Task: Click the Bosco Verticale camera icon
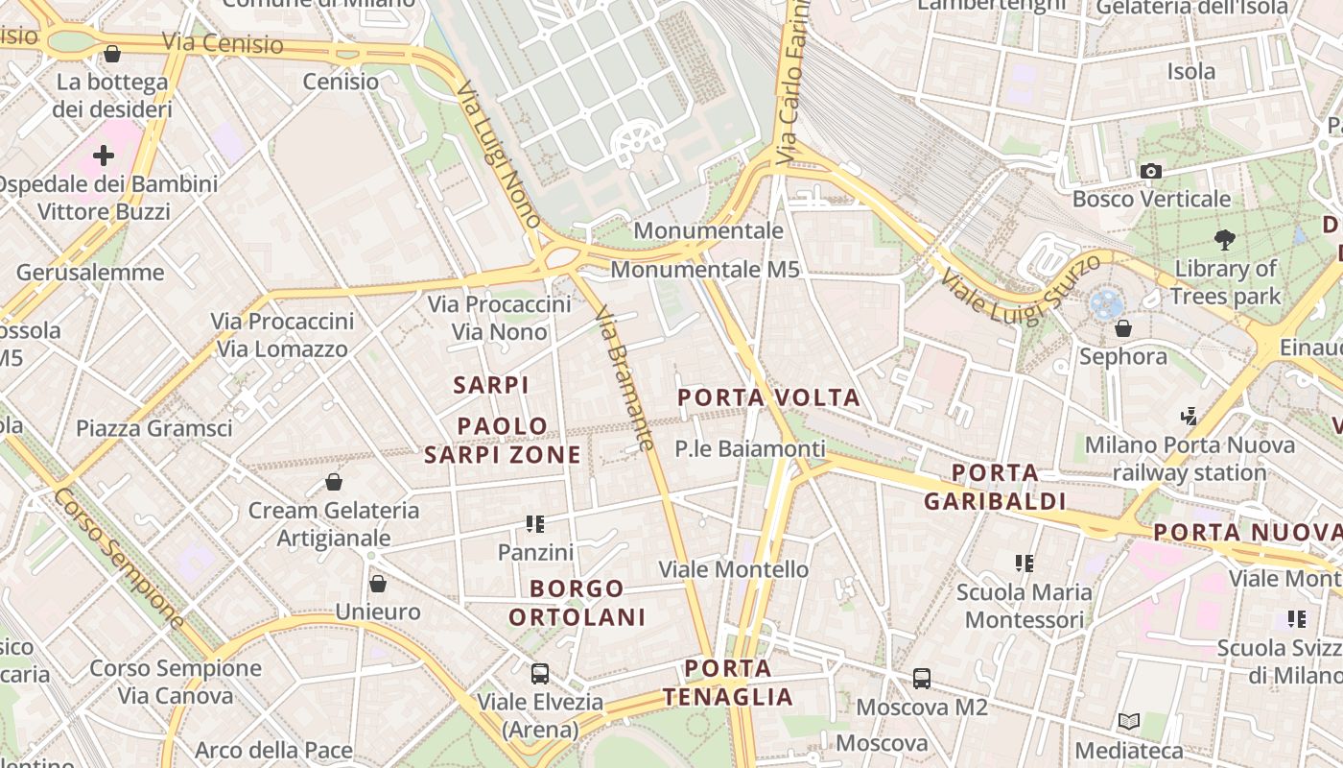click(1151, 171)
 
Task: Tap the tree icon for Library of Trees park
click(1224, 239)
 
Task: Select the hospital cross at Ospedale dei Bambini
click(104, 155)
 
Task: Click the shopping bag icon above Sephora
click(1123, 328)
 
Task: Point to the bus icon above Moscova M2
click(922, 678)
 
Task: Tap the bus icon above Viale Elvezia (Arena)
click(540, 673)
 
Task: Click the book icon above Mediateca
click(1129, 721)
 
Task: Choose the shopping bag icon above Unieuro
click(378, 583)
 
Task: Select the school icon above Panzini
click(535, 524)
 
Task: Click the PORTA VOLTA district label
click(769, 397)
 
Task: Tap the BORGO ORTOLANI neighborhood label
click(577, 602)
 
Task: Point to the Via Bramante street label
click(624, 378)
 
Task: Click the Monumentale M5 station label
click(705, 270)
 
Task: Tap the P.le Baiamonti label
click(749, 448)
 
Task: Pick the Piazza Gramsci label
click(153, 428)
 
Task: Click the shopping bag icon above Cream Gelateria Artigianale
click(334, 481)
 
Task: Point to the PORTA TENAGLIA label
click(729, 683)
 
